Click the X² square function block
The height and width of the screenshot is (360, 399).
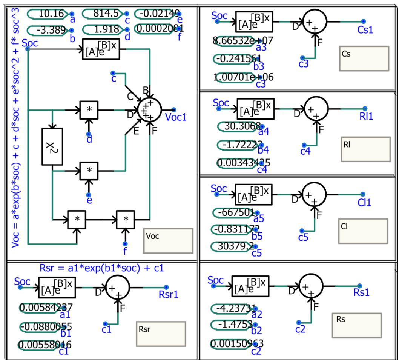[52, 146]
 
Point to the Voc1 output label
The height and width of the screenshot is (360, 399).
[176, 117]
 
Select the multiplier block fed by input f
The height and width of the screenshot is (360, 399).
[126, 219]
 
